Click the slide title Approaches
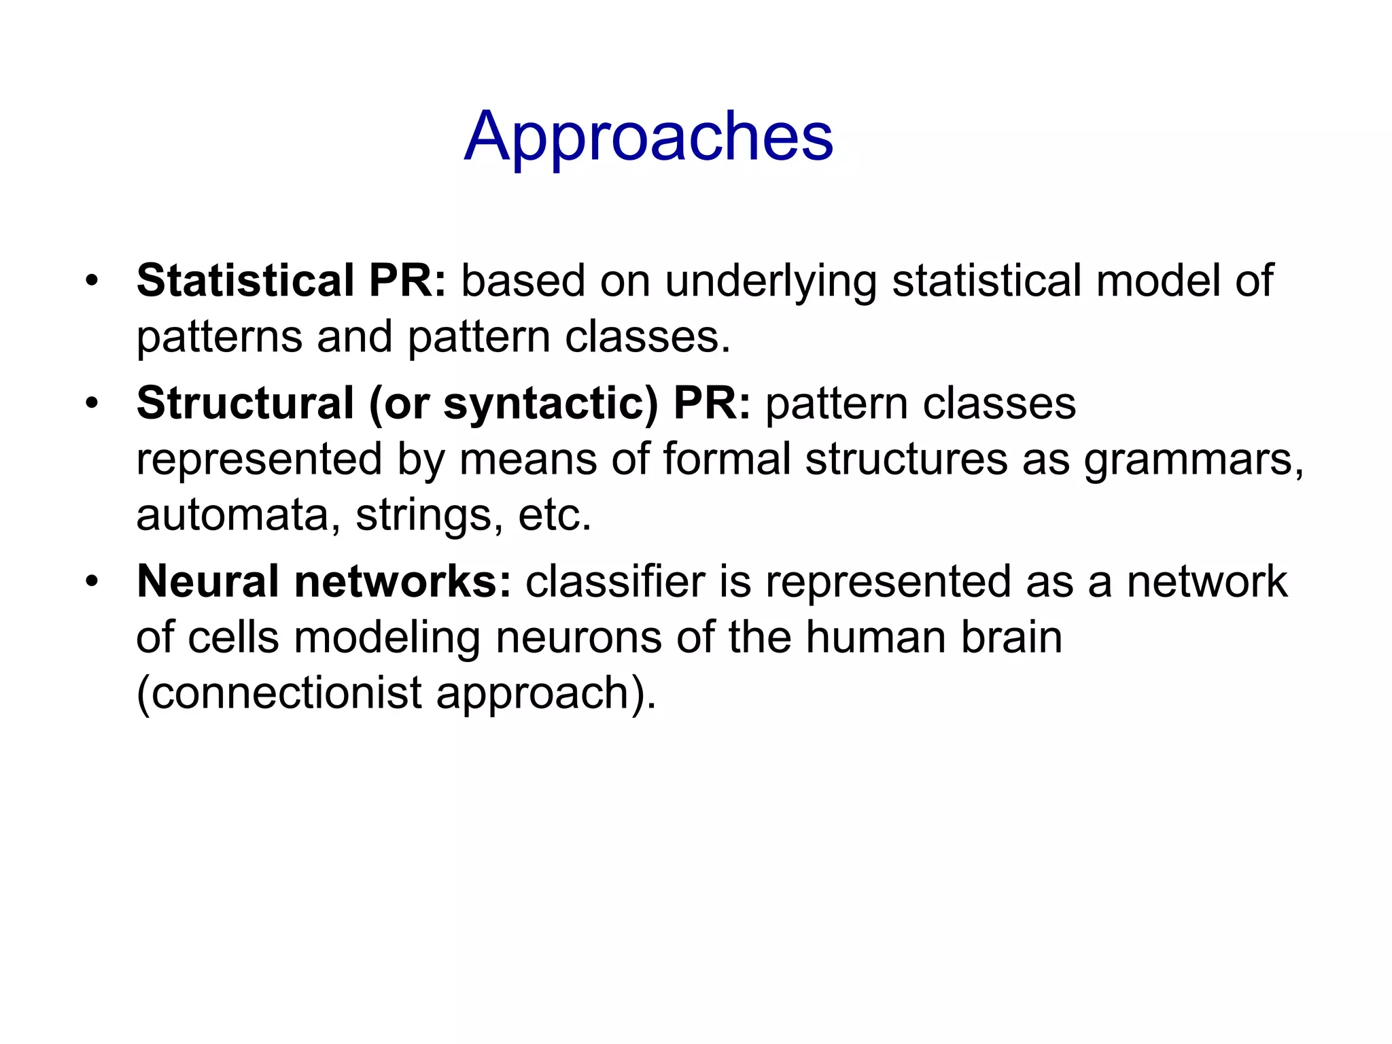click(x=648, y=138)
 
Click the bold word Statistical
click(x=245, y=280)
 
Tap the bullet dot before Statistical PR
click(x=92, y=281)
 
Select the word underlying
click(x=771, y=281)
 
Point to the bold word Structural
click(x=245, y=403)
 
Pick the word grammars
click(x=1194, y=460)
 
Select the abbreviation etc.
click(x=555, y=515)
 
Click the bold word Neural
click(x=208, y=582)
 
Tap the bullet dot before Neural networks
click(x=92, y=582)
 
